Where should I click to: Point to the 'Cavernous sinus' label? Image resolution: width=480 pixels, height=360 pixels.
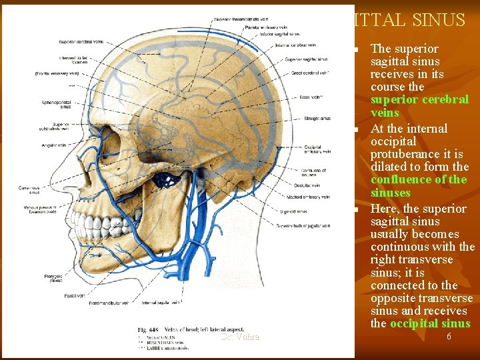(29, 191)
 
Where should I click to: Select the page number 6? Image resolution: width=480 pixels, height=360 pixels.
(449, 337)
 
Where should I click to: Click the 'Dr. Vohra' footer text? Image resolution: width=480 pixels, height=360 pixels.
(240, 337)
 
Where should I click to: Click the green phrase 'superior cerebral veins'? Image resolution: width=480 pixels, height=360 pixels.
(419, 106)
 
